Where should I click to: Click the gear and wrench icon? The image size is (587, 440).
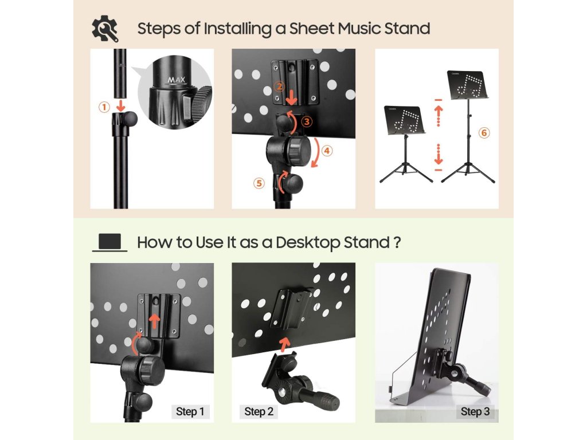pos(105,29)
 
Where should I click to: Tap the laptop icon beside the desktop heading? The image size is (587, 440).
pos(109,242)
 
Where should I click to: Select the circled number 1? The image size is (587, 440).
pos(104,107)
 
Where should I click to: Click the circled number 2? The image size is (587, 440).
pos(279,87)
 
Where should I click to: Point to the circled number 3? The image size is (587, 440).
pos(307,121)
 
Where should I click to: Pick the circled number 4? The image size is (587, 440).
pos(327,151)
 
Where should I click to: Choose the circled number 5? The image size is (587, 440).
pos(259,183)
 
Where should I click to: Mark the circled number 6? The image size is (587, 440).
pos(484,133)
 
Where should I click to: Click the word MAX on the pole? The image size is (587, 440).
pos(177,80)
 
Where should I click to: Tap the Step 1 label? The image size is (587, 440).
pos(190,411)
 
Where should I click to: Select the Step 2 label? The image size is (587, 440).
pos(259,411)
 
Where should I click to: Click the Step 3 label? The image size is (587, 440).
pos(475,411)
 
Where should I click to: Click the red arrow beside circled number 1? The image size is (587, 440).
pos(120,105)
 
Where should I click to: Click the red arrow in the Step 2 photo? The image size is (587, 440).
pos(285,344)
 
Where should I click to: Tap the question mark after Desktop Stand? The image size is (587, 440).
pos(397,242)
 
